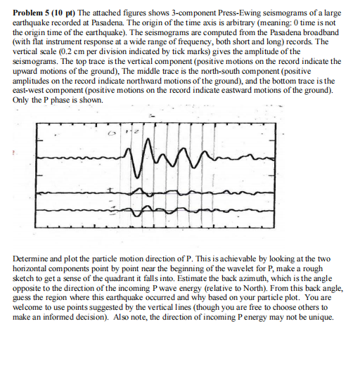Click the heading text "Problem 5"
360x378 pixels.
(x=32, y=13)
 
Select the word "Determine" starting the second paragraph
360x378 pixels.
(x=30, y=259)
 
